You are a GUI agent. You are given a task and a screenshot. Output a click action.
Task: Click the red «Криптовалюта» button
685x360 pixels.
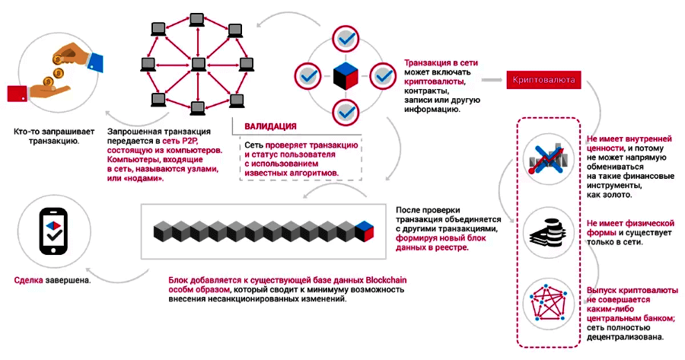point(543,79)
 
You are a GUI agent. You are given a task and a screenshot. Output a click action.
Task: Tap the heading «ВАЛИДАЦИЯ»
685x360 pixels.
point(270,126)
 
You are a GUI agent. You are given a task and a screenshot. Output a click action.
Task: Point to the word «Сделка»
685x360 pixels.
point(30,279)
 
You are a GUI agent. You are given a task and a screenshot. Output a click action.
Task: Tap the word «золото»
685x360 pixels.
point(617,194)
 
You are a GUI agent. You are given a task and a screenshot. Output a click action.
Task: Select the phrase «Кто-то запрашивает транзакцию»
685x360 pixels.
point(49,135)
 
